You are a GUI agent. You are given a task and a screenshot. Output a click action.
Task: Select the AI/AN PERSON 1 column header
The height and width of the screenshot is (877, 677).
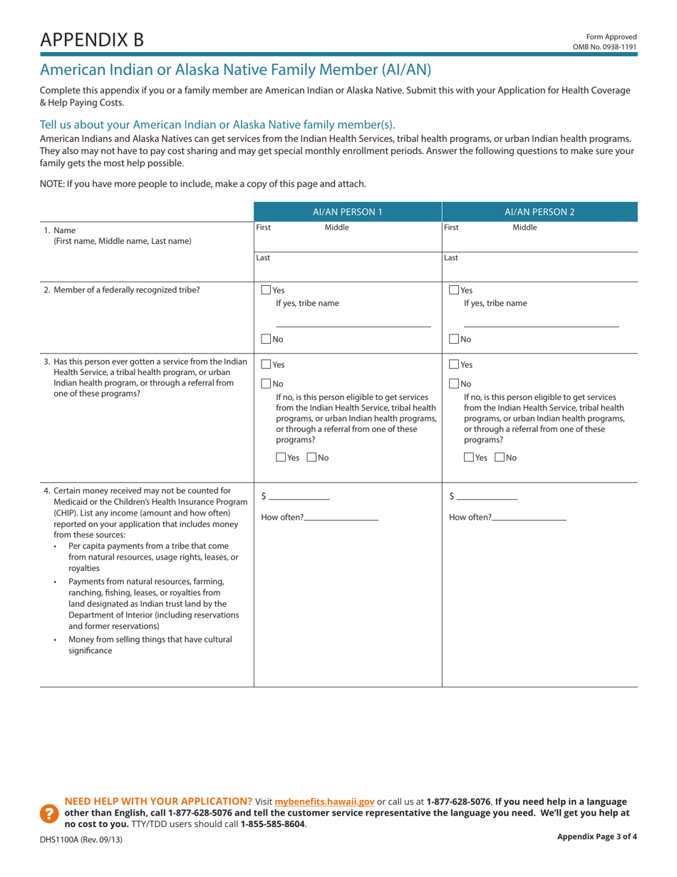[348, 212]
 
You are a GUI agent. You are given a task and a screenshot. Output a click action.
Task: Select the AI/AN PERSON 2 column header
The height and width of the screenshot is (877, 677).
[539, 212]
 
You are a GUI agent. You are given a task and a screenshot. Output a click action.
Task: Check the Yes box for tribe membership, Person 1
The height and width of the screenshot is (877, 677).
[267, 290]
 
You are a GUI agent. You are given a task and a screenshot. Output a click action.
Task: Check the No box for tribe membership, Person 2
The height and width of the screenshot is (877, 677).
[455, 339]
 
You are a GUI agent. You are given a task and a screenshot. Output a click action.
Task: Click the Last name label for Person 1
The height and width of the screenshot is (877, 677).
[263, 258]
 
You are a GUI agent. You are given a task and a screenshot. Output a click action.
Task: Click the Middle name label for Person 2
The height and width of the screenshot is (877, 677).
[525, 227]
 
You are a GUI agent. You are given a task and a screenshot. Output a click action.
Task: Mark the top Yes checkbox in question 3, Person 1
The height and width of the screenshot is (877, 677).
[267, 364]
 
